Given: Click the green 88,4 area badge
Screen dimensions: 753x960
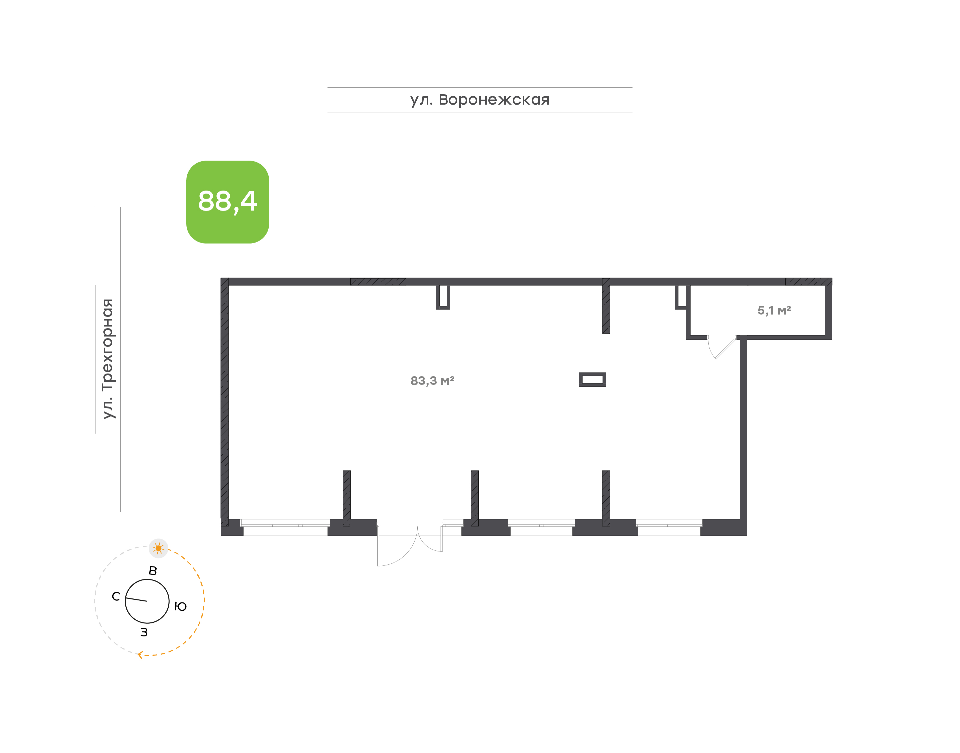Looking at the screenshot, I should pyautogui.click(x=228, y=202).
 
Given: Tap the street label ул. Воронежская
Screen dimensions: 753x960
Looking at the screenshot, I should pyautogui.click(x=479, y=100).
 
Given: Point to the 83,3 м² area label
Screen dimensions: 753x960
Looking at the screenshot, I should pyautogui.click(x=432, y=380).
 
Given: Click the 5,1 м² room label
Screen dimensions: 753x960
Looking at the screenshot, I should pyautogui.click(x=774, y=311).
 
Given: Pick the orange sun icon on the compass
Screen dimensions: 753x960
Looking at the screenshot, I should pyautogui.click(x=158, y=548).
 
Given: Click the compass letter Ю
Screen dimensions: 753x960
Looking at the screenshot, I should pyautogui.click(x=180, y=607).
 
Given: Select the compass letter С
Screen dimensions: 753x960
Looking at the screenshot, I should pyautogui.click(x=116, y=596).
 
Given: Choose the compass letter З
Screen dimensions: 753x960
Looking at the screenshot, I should pyautogui.click(x=144, y=632).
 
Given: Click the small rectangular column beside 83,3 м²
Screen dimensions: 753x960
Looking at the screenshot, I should pyautogui.click(x=592, y=379).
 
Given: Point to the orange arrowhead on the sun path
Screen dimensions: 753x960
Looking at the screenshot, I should pyautogui.click(x=140, y=655).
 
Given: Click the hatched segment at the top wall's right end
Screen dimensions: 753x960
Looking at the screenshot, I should pyautogui.click(x=808, y=282).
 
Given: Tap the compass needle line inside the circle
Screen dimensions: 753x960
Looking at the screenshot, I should pyautogui.click(x=136, y=600).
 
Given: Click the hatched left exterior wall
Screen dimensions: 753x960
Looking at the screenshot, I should pyautogui.click(x=224, y=401).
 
